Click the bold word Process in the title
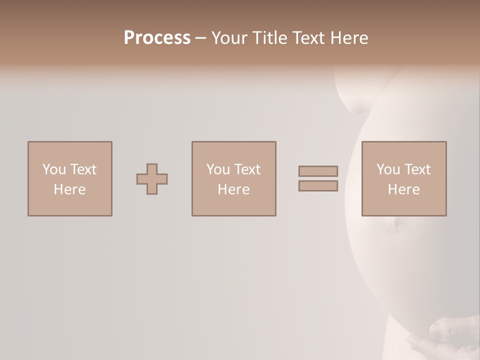pos(157,38)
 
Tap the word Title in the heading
pos(270,38)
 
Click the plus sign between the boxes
pos(152,179)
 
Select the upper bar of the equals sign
pos(318,171)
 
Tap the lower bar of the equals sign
pos(318,186)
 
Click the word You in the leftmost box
pos(53,169)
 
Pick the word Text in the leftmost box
pos(83,169)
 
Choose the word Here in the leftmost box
pos(69,189)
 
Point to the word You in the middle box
pos(217,169)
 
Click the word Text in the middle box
pos(247,169)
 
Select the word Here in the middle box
pos(233,189)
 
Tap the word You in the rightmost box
pos(387,169)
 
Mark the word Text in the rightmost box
pos(417,169)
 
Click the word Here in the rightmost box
pos(403,189)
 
